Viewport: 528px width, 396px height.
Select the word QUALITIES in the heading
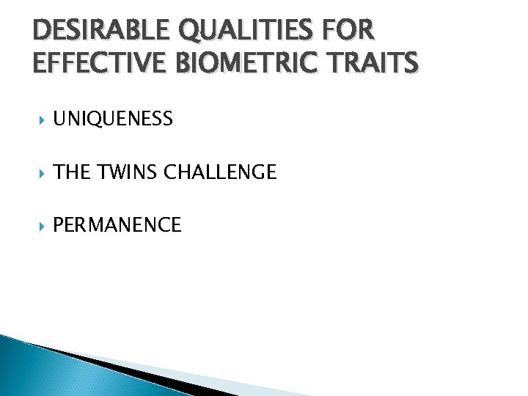238,32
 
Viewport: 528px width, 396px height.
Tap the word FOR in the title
348,32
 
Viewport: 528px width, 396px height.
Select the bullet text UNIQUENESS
113,119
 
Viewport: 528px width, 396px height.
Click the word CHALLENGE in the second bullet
220,172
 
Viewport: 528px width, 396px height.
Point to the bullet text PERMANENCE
117,225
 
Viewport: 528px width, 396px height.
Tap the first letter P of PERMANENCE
59,225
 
